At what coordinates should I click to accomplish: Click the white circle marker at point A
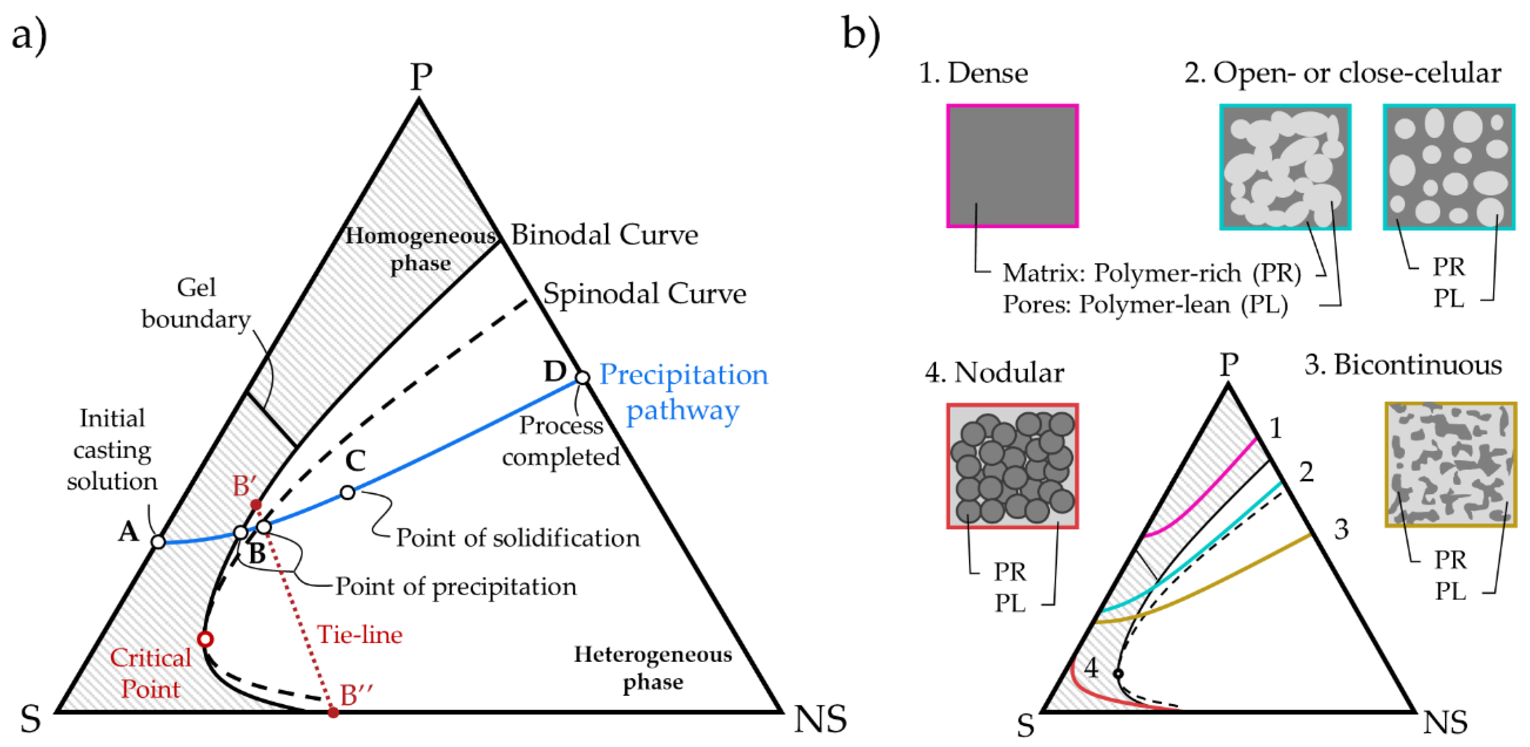point(158,542)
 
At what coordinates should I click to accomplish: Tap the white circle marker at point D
point(583,377)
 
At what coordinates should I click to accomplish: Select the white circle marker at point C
point(348,492)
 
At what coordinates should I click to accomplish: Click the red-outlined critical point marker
point(205,639)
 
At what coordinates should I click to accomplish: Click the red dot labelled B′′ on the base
point(333,712)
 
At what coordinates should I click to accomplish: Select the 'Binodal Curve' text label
point(604,235)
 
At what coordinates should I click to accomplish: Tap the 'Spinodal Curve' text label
point(644,294)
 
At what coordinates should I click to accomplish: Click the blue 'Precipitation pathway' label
point(683,392)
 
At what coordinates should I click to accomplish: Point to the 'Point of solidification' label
point(518,538)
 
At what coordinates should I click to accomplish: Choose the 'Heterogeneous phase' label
point(653,668)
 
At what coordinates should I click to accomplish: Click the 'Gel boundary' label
point(196,303)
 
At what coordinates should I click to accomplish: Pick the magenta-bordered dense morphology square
point(1012,166)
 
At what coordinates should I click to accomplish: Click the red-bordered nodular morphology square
point(1012,466)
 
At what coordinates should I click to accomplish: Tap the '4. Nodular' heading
point(994,373)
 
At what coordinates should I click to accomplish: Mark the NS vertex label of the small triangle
point(1445,723)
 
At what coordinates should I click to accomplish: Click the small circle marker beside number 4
point(1118,674)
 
